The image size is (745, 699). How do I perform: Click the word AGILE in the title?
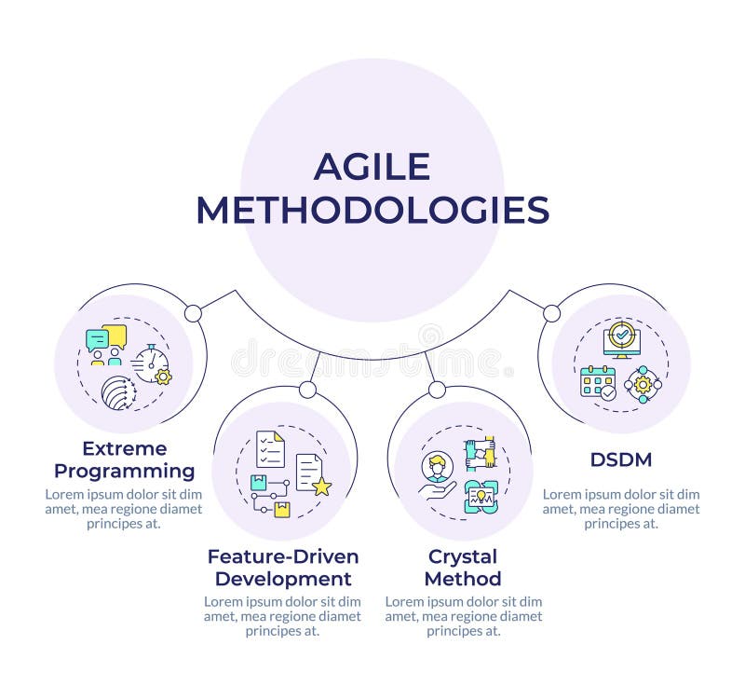coord(372,167)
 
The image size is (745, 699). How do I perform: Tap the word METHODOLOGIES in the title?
coord(373,211)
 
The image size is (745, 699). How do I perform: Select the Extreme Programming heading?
coord(125,459)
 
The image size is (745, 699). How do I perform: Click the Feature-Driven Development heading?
coord(283,568)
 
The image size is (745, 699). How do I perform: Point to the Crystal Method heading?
coord(463,568)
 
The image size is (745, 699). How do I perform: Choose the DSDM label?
coord(621,459)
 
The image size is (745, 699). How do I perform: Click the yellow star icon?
coord(321,486)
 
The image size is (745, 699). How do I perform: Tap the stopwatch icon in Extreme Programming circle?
coord(151,363)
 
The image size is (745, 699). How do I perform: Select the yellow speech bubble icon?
coord(115,336)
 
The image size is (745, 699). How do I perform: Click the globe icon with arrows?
coord(119,392)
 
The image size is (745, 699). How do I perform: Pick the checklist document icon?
coord(270,449)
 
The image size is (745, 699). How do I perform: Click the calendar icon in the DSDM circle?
coord(598,382)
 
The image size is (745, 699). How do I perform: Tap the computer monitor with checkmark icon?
coord(621,340)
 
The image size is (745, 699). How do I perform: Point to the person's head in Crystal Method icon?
coord(437,463)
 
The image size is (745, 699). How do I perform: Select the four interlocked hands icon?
coord(480,454)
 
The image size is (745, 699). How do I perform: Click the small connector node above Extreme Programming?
coord(193,313)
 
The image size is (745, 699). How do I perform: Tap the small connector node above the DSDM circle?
coord(551,313)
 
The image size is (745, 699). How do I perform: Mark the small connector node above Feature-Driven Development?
coord(307,390)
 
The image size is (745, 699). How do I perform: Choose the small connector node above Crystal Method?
coord(437,390)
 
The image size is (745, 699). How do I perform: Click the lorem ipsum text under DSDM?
coord(621,509)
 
